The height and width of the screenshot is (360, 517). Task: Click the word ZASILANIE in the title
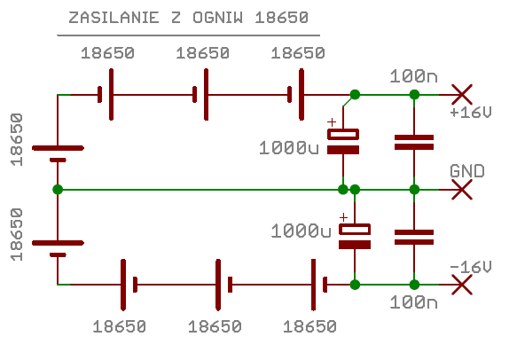[114, 18]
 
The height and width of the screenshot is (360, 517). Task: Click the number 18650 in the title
[282, 18]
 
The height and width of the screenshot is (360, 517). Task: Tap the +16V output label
[471, 113]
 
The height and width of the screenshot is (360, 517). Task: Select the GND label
[466, 171]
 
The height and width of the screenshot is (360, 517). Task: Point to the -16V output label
[471, 267]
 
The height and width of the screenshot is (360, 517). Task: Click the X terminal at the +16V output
[462, 95]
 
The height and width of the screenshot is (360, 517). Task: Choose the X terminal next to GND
[462, 190]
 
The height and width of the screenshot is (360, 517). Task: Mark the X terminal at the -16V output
[462, 285]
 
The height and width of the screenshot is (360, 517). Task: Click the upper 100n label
[413, 76]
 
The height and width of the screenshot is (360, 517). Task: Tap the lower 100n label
[413, 302]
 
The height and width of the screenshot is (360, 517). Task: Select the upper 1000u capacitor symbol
[343, 142]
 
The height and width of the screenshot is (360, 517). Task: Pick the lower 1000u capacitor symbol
[355, 237]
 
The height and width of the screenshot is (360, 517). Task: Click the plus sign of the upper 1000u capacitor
[332, 122]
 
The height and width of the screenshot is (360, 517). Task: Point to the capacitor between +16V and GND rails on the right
[414, 142]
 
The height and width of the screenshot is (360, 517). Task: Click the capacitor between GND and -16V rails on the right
[414, 237]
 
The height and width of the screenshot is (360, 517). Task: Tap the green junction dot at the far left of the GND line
[58, 190]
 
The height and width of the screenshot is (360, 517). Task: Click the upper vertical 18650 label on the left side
[17, 139]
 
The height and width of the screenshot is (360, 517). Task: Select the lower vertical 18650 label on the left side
[17, 234]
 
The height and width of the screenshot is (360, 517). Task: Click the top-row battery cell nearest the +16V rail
[296, 95]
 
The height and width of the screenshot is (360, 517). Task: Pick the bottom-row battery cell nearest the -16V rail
[319, 285]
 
